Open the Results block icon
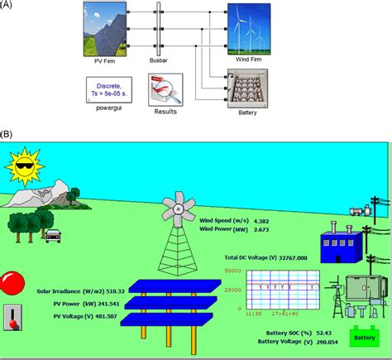(165, 87)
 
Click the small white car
(54, 235)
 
